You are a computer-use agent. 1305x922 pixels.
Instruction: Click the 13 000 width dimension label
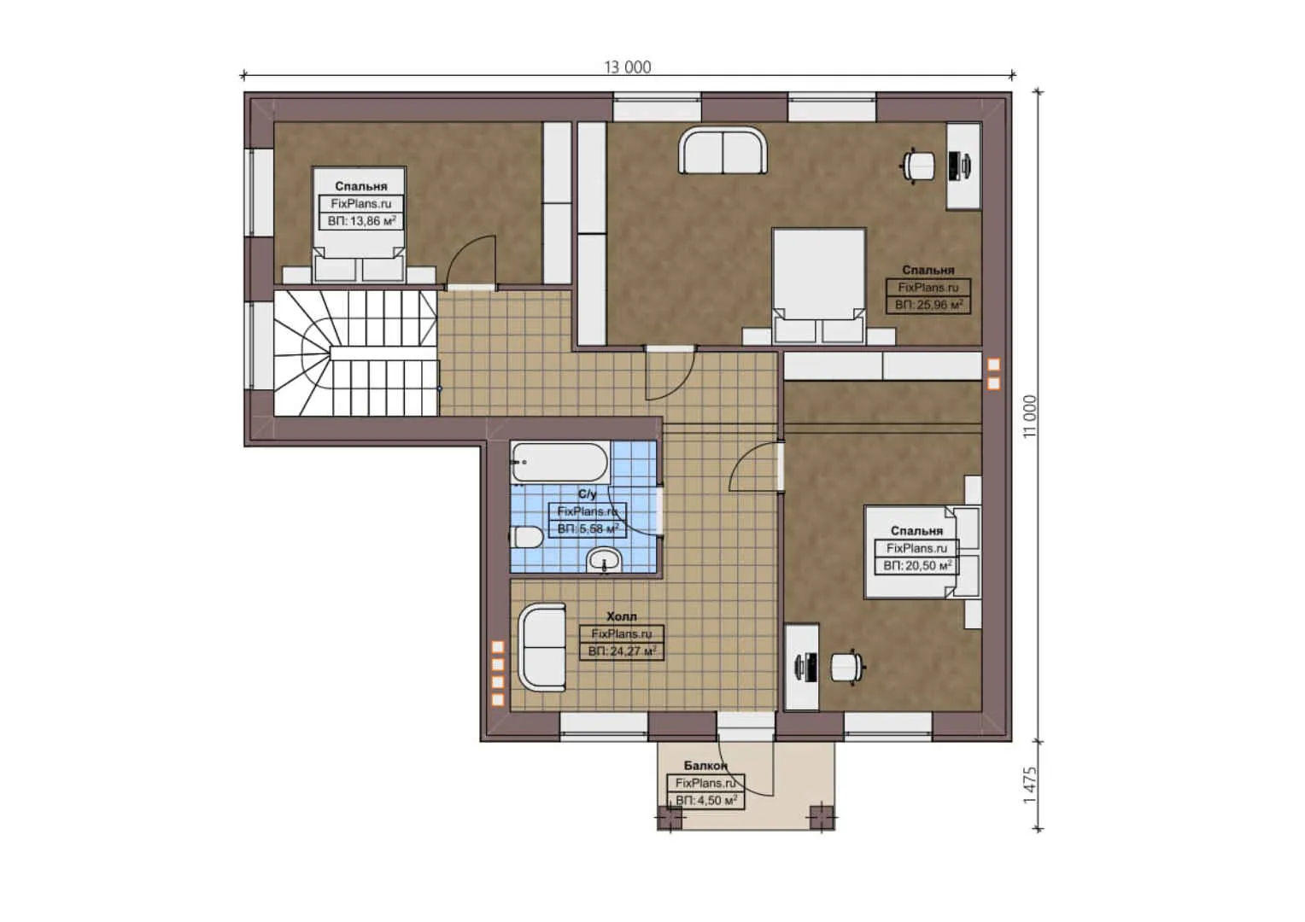(x=628, y=67)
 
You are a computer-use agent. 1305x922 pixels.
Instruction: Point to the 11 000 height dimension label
(x=1030, y=417)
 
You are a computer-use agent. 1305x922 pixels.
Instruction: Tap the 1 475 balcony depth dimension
(x=1030, y=785)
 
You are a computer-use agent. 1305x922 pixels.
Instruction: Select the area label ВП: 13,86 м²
(x=362, y=221)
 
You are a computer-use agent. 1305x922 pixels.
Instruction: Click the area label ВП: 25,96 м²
(x=928, y=305)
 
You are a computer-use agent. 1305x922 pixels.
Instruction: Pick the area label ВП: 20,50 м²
(x=917, y=565)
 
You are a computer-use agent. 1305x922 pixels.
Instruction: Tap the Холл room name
(x=622, y=616)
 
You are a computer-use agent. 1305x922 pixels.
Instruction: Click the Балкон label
(x=705, y=766)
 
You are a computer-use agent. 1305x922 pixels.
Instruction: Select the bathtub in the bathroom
(x=560, y=463)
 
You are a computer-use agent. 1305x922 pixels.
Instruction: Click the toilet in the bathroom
(x=527, y=537)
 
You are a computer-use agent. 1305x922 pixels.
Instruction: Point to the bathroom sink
(x=605, y=561)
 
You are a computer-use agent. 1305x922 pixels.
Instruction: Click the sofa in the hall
(x=542, y=646)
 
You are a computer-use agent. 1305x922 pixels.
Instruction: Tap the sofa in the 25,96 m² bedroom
(x=723, y=150)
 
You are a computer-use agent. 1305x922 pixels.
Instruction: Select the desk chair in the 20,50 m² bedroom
(x=848, y=667)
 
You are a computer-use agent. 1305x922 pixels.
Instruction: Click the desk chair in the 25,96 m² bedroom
(x=919, y=166)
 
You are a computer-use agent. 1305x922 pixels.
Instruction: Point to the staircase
(x=356, y=353)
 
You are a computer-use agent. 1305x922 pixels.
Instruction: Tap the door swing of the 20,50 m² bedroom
(x=754, y=466)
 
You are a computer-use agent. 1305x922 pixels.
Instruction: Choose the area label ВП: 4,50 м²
(x=706, y=801)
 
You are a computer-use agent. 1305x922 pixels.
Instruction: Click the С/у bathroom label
(x=588, y=494)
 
